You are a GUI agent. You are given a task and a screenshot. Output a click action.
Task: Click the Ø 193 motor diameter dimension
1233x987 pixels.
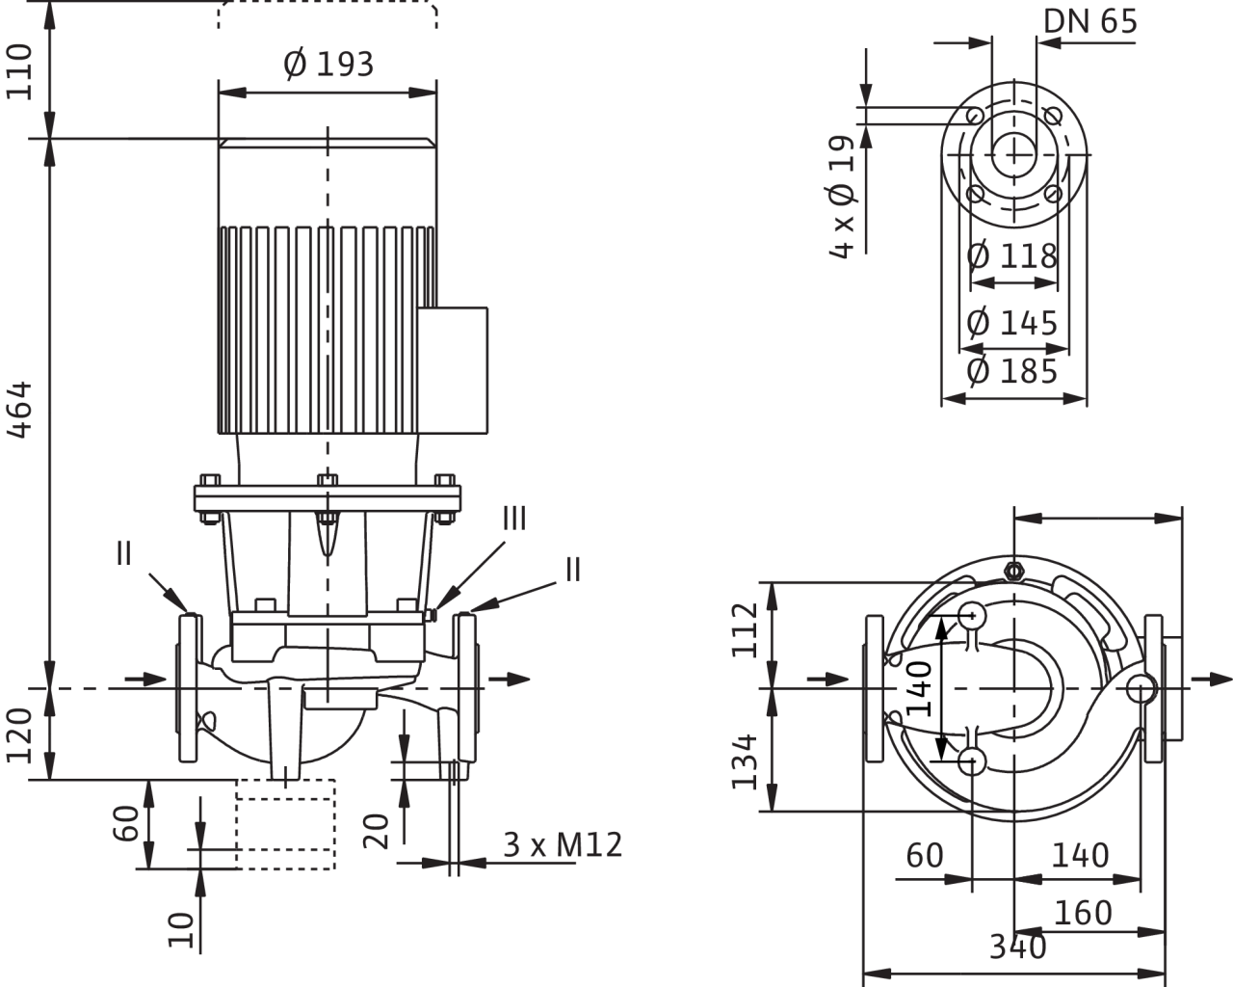coord(328,65)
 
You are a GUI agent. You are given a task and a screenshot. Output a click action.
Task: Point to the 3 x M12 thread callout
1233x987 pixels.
coord(564,845)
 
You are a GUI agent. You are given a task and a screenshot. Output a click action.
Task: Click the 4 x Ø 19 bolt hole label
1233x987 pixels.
coord(842,198)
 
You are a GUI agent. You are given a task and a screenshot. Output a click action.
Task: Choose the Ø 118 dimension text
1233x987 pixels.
coord(1012,256)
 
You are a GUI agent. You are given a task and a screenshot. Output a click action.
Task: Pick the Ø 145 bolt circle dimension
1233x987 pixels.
coord(1012,321)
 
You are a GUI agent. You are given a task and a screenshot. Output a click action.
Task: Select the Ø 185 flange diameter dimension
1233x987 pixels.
coord(1012,371)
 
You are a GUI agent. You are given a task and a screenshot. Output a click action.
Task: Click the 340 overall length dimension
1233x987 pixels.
coord(1018,947)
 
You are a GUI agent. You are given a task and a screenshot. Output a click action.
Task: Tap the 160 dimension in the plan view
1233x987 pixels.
coord(1084,911)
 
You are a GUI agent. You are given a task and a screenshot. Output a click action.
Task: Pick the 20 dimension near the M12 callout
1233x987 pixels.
coord(378,831)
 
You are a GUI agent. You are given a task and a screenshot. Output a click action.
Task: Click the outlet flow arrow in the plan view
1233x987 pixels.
coord(1207,681)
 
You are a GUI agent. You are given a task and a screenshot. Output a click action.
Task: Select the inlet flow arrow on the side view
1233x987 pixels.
coord(144,679)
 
